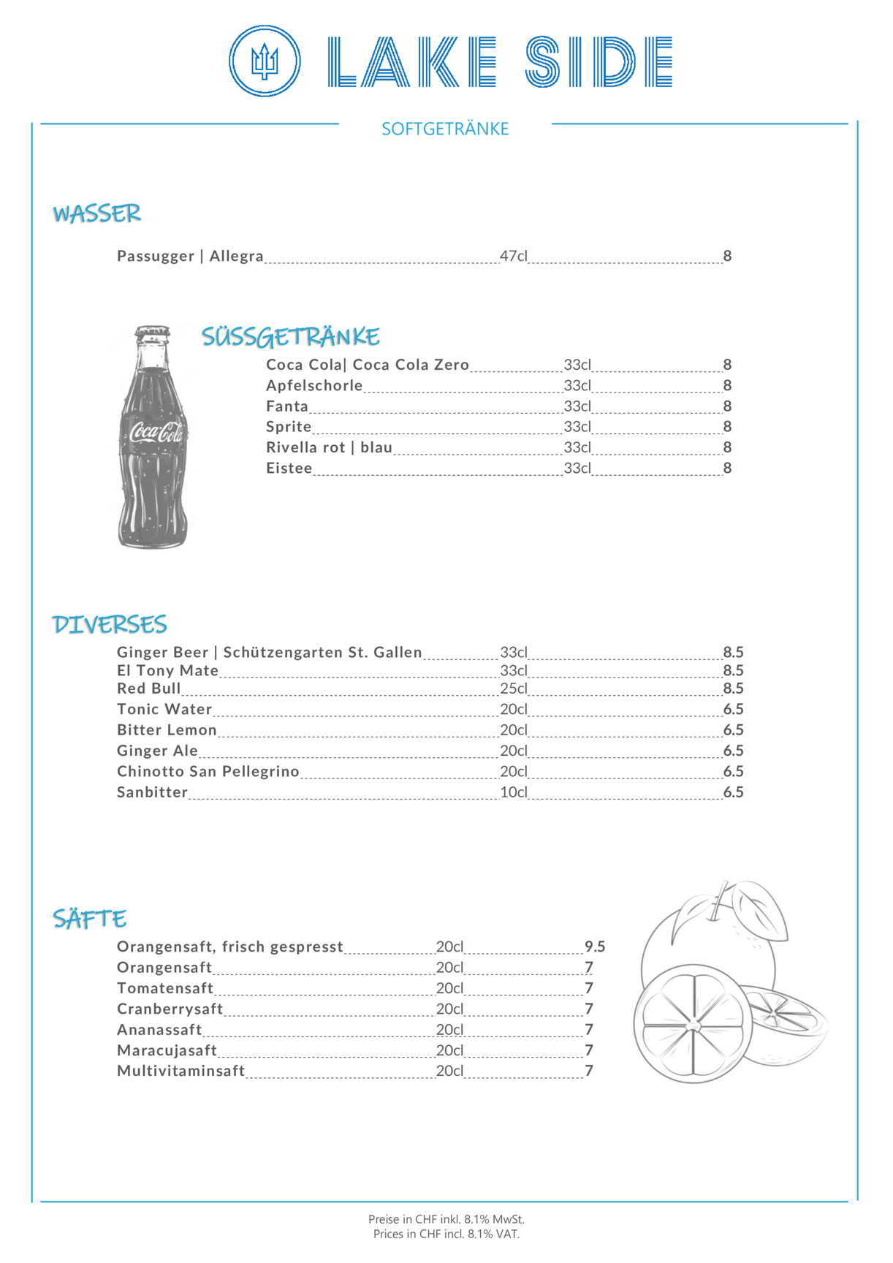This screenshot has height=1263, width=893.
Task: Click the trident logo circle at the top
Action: [x=265, y=61]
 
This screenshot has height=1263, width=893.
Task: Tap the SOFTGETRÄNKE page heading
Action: [x=445, y=129]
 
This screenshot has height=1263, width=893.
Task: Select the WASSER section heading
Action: [x=96, y=213]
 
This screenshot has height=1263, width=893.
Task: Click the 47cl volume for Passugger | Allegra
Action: [x=513, y=256]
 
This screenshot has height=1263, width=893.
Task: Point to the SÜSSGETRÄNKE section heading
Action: [x=290, y=336]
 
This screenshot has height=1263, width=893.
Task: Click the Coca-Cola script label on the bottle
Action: [x=156, y=433]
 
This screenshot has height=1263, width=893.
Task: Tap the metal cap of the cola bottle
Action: [x=152, y=334]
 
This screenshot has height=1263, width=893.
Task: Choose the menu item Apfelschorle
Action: [x=314, y=385]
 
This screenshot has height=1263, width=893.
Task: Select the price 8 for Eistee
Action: [x=727, y=468]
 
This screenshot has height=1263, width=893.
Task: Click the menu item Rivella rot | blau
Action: [x=329, y=447]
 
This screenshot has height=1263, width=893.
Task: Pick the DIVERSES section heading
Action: [x=110, y=624]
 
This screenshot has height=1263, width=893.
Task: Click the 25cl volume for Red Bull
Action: [x=513, y=689]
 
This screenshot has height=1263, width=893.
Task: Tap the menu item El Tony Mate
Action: [x=167, y=670]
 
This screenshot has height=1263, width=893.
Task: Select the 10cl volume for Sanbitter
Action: [x=513, y=792]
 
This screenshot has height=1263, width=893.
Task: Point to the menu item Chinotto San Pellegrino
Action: [x=208, y=771]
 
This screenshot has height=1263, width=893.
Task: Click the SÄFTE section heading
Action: [x=89, y=919]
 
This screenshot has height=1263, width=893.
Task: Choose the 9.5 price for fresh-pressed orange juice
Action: [x=595, y=947]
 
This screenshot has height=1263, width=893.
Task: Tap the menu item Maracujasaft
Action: [x=167, y=1050]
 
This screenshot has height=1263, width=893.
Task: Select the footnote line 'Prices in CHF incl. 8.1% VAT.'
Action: [x=446, y=1234]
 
